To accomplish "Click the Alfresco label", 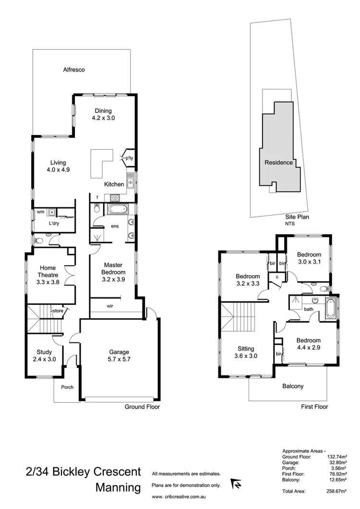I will point(74,70).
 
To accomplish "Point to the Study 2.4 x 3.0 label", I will point(44,355).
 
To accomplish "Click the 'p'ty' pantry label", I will point(129,158).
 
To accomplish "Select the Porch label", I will point(67,387).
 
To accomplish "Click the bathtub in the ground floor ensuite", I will point(116,210).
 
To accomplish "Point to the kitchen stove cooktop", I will point(116,197).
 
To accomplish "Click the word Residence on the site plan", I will point(279,162).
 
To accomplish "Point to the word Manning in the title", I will point(118,488).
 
